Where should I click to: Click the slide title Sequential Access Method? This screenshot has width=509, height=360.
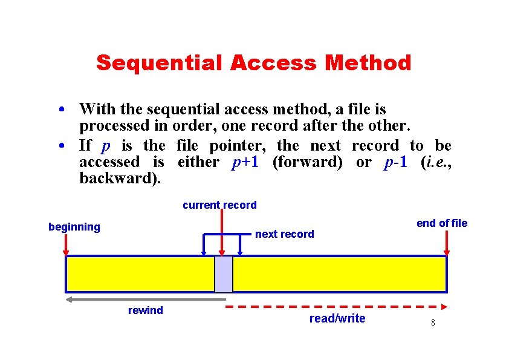[x=253, y=62]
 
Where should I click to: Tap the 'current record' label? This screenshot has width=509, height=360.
[x=219, y=205]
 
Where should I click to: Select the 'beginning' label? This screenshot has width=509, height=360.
[x=74, y=227]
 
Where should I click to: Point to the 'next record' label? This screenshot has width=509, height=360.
[x=285, y=234]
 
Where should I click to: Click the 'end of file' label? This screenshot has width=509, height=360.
[x=442, y=223]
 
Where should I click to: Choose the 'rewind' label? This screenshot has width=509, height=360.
[x=146, y=310]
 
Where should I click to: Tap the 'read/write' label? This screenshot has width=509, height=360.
[x=337, y=318]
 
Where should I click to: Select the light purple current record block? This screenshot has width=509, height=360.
[x=224, y=274]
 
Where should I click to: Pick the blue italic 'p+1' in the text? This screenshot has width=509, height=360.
[x=245, y=162]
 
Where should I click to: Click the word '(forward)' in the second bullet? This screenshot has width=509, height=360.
[x=307, y=162]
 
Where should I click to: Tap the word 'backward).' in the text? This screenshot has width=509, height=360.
[x=120, y=179]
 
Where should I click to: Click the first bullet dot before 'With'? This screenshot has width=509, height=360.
[x=62, y=111]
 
